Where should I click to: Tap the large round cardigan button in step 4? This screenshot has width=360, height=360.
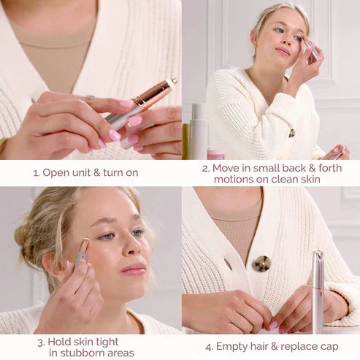click(261, 264)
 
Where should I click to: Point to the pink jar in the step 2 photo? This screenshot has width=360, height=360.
click(215, 154)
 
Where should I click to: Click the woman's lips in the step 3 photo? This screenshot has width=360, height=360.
click(134, 269)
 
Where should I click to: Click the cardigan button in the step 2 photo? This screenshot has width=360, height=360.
click(291, 133)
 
